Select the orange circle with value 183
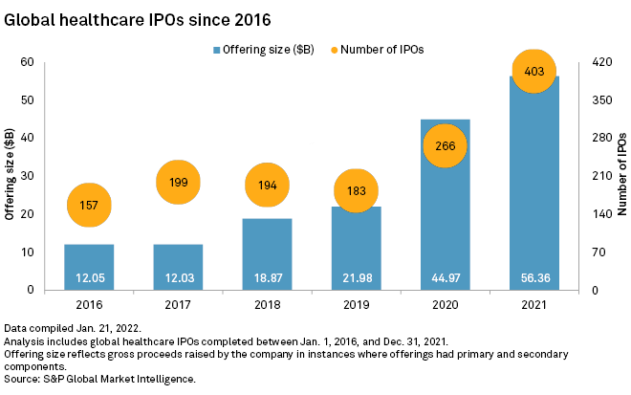(355, 189)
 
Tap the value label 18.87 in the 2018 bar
(267, 278)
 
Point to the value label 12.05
(88, 278)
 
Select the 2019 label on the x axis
(355, 304)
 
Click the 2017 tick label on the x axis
(177, 304)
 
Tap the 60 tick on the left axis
(29, 62)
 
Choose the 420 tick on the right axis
(601, 62)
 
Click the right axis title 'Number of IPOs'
(621, 176)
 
